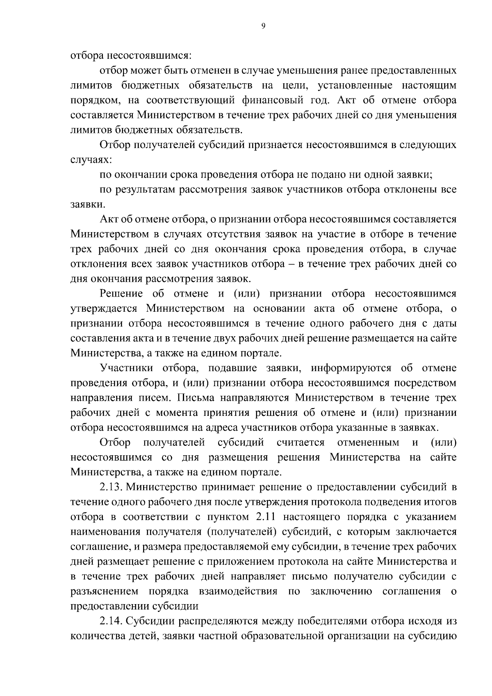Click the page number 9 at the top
pos(263,26)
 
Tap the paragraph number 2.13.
pos(111,487)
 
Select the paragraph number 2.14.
pos(111,621)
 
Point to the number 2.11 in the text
pos(283,517)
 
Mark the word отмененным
pos(368,443)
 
